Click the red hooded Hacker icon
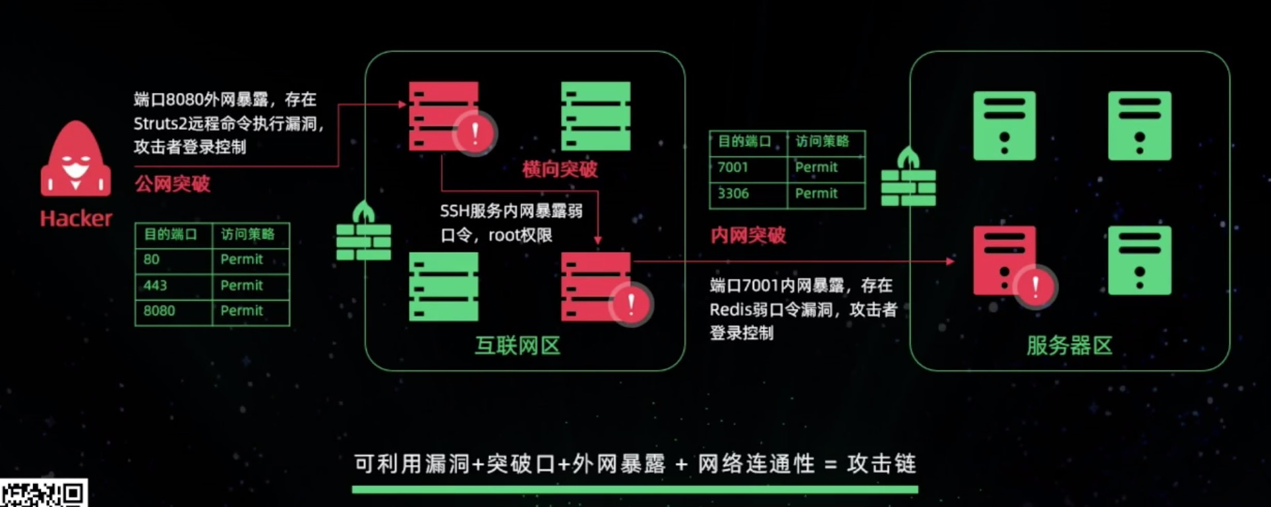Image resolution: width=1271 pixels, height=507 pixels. coord(76,160)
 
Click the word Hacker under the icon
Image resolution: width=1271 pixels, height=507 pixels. coord(76,219)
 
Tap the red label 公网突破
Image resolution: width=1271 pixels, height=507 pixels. coord(172,184)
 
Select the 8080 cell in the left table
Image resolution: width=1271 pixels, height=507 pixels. coord(160,311)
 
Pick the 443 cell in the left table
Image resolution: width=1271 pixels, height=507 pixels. coord(156,285)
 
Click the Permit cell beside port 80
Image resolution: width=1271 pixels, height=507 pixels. coord(241,259)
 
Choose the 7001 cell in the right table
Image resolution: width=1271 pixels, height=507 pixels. coord(733,167)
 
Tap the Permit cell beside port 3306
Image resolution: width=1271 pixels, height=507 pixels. coord(816,194)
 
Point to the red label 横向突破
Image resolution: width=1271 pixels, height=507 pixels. coord(560,169)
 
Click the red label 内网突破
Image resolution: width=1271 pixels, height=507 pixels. coord(748,235)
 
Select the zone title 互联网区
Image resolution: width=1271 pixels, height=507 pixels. coord(517,346)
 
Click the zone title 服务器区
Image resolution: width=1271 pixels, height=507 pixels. coord(1069,346)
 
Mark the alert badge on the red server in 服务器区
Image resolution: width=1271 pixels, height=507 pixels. coord(1036,287)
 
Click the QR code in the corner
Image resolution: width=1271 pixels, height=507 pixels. coord(44,493)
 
